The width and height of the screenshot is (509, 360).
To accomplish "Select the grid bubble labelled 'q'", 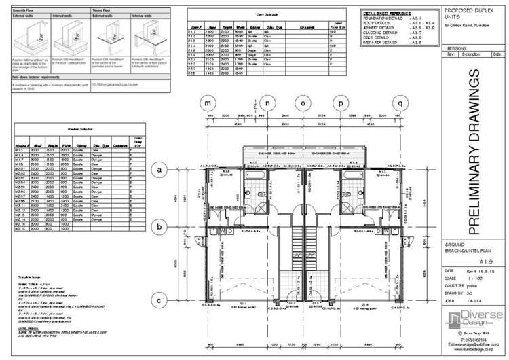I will coord(401,103).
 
